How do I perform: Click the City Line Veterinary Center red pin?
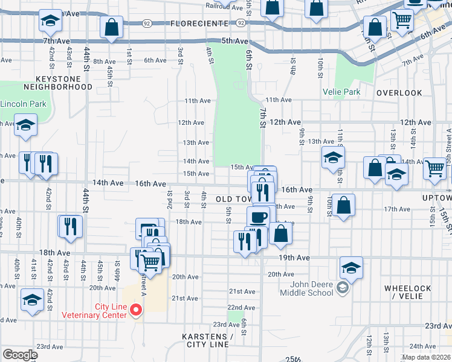click(137, 310)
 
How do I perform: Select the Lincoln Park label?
click(23, 104)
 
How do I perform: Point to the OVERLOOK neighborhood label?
click(399, 93)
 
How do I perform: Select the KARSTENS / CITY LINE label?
click(206, 340)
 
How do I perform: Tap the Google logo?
click(20, 355)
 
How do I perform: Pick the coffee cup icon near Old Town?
click(259, 217)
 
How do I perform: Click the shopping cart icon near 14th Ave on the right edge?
click(435, 170)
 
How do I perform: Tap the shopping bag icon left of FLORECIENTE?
click(112, 27)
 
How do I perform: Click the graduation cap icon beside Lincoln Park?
click(26, 126)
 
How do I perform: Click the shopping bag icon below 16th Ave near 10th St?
click(343, 205)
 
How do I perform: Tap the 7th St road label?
click(263, 117)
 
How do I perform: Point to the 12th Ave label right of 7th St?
click(286, 122)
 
